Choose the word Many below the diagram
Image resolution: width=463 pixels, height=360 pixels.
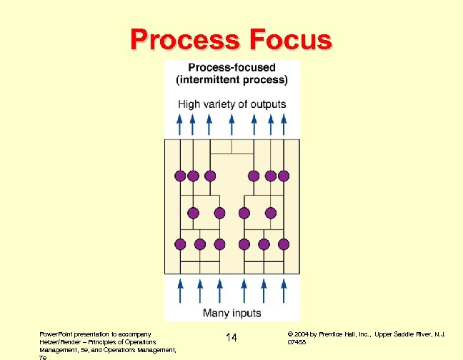click(x=216, y=313)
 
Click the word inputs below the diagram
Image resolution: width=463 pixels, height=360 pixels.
click(x=247, y=313)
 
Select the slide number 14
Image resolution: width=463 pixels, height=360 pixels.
click(x=231, y=337)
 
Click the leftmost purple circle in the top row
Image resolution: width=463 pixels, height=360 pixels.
click(x=179, y=176)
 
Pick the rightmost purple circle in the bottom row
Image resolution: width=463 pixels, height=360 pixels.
click(x=284, y=244)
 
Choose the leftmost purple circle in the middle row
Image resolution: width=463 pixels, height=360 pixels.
click(x=192, y=212)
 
